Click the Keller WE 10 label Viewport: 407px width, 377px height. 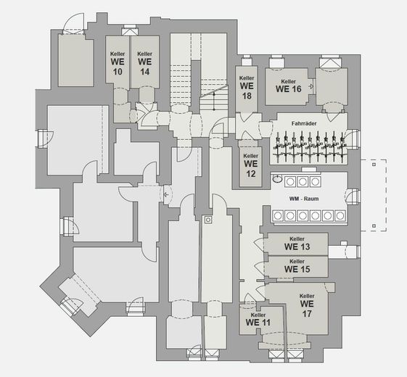point(118,63)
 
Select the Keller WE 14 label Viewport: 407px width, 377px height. point(144,63)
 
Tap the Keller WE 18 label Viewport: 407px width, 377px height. point(247,88)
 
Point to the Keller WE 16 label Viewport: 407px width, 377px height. point(288,86)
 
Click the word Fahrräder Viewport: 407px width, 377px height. point(304,123)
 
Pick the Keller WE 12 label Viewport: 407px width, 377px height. point(251,165)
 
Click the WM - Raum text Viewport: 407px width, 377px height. point(304,199)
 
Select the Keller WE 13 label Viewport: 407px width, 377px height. point(297,244)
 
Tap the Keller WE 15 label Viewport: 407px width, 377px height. point(297,266)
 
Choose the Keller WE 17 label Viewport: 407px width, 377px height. point(307,305)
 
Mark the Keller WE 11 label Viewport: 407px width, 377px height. point(258,320)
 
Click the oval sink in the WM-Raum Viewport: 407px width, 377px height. point(277,178)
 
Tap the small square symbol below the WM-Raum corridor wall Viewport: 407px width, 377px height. point(208,220)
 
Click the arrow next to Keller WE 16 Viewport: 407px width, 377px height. point(311,87)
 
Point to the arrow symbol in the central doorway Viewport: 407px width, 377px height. point(167,194)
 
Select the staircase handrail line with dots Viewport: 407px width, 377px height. point(214,101)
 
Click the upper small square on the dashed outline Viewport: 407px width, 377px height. point(374,165)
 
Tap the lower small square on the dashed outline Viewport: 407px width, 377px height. point(374,225)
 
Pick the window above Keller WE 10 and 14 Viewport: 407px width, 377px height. point(130,30)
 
